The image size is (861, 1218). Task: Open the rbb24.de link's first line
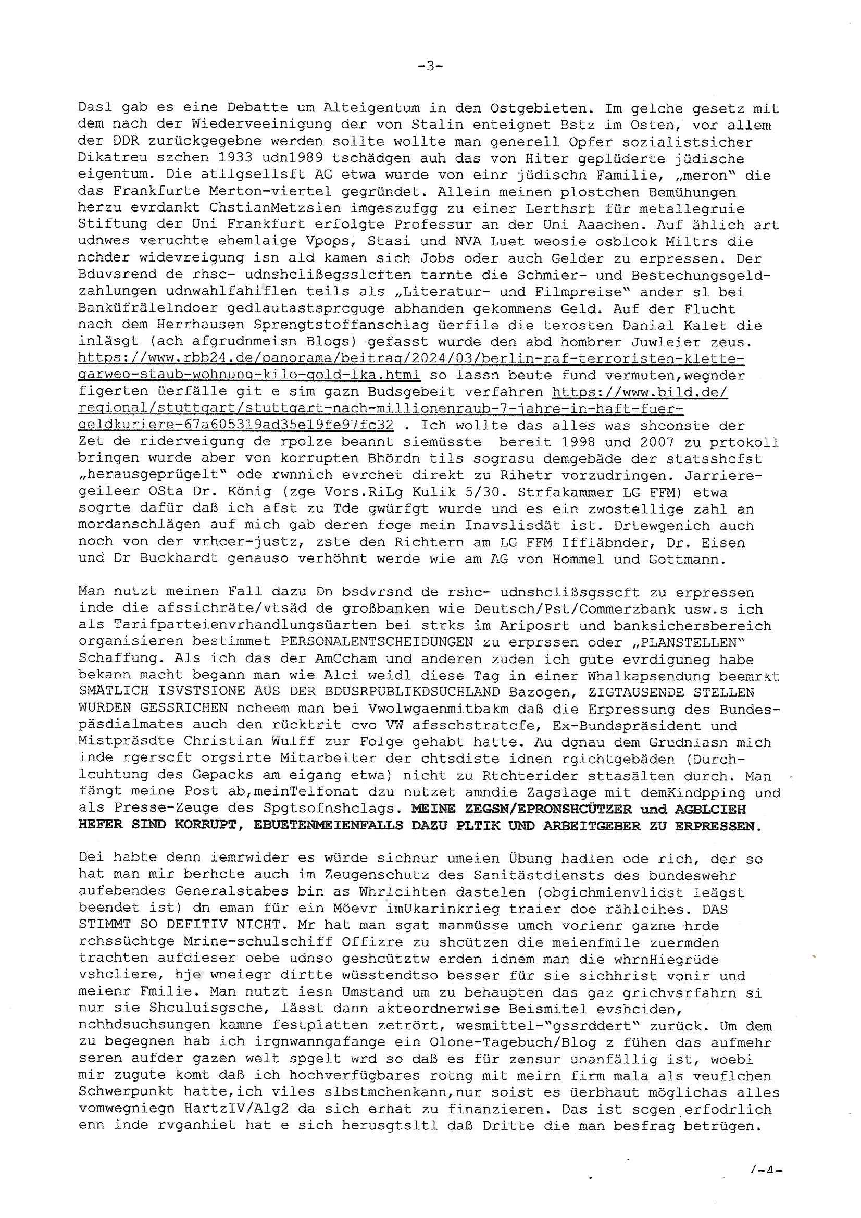411,359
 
